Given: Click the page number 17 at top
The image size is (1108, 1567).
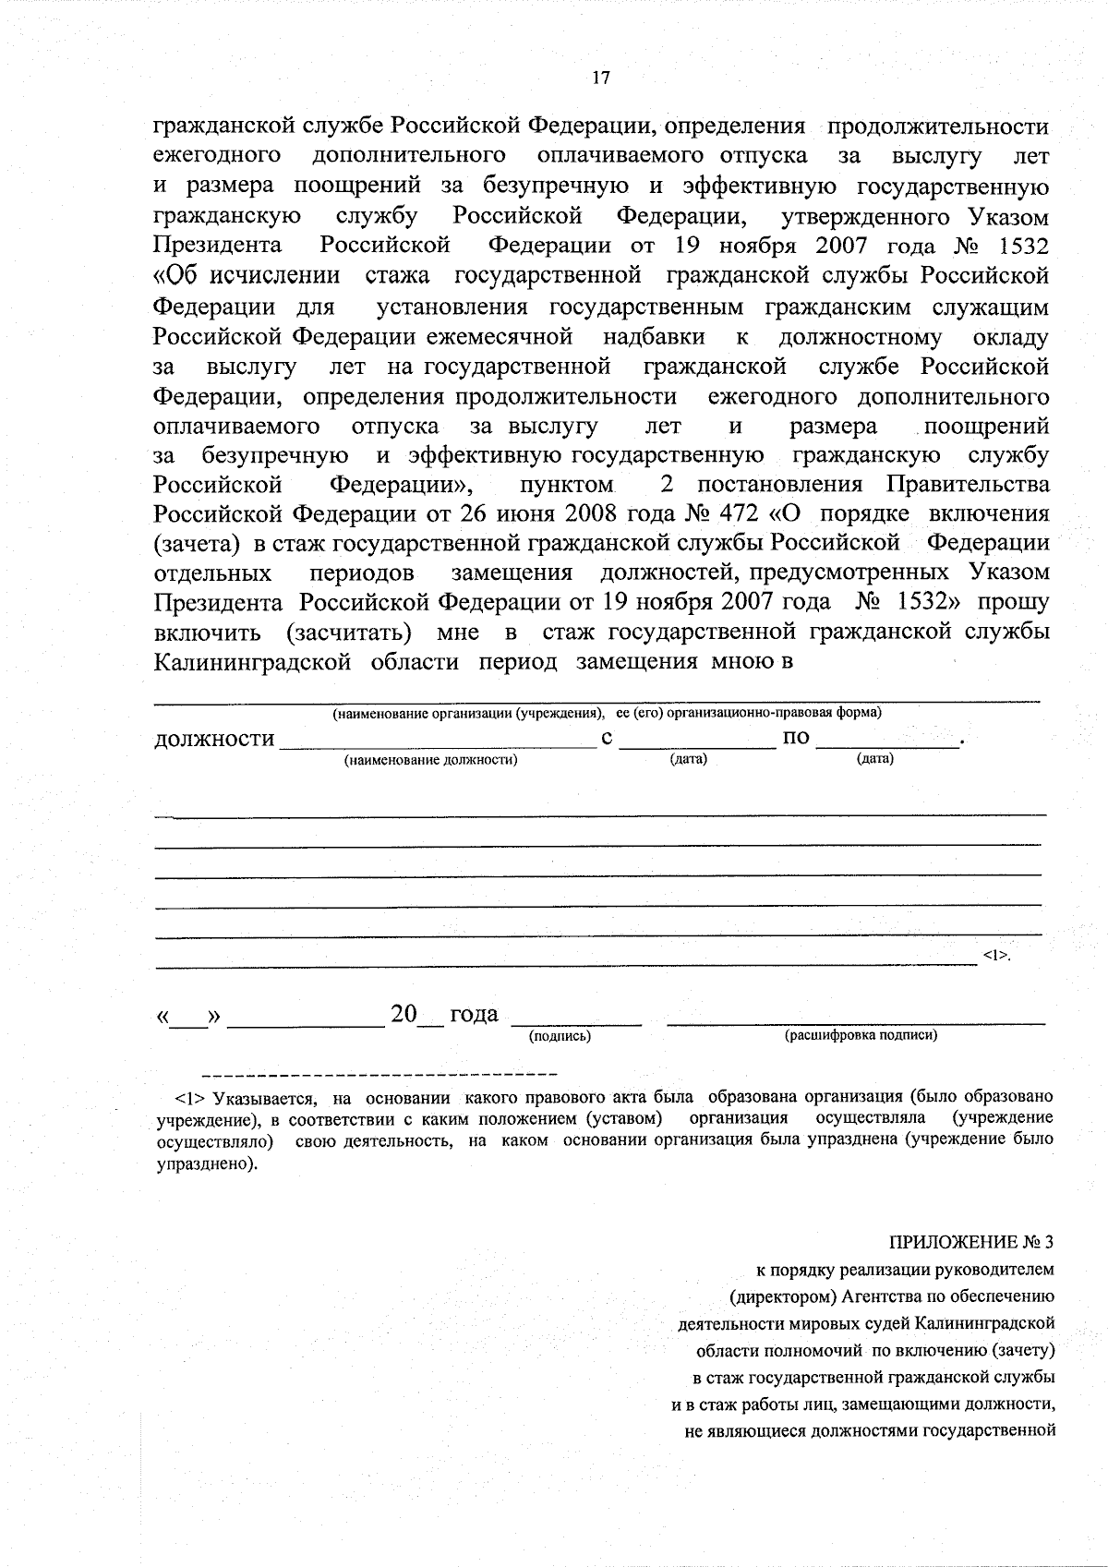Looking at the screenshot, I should (600, 78).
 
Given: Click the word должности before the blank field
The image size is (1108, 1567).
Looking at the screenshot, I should (214, 739).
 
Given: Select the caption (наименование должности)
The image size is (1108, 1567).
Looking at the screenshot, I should (430, 760).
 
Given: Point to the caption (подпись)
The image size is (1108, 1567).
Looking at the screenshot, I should (560, 1036).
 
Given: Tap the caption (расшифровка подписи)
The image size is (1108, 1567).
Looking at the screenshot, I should (861, 1035).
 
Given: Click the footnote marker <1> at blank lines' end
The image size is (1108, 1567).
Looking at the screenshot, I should (996, 955).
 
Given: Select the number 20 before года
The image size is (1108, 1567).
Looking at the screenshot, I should (404, 1014).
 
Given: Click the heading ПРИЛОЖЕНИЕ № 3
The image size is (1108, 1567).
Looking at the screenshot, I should (971, 1241).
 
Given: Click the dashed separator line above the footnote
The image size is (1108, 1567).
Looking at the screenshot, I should (379, 1075).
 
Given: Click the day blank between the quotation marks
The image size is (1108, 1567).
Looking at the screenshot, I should (188, 1020).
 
